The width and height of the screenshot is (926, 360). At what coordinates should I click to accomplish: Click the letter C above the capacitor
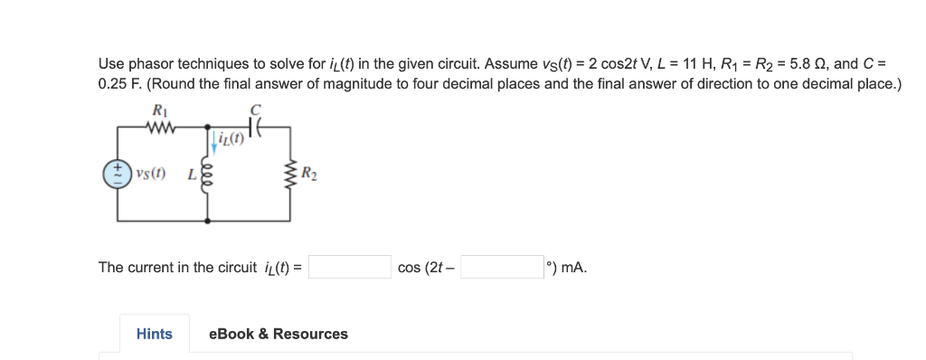tap(256, 110)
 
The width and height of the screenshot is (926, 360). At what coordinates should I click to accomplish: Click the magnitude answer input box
tap(352, 267)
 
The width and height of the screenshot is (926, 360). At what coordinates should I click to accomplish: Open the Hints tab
tap(154, 334)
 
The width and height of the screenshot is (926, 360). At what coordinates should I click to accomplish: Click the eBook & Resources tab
tap(278, 334)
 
